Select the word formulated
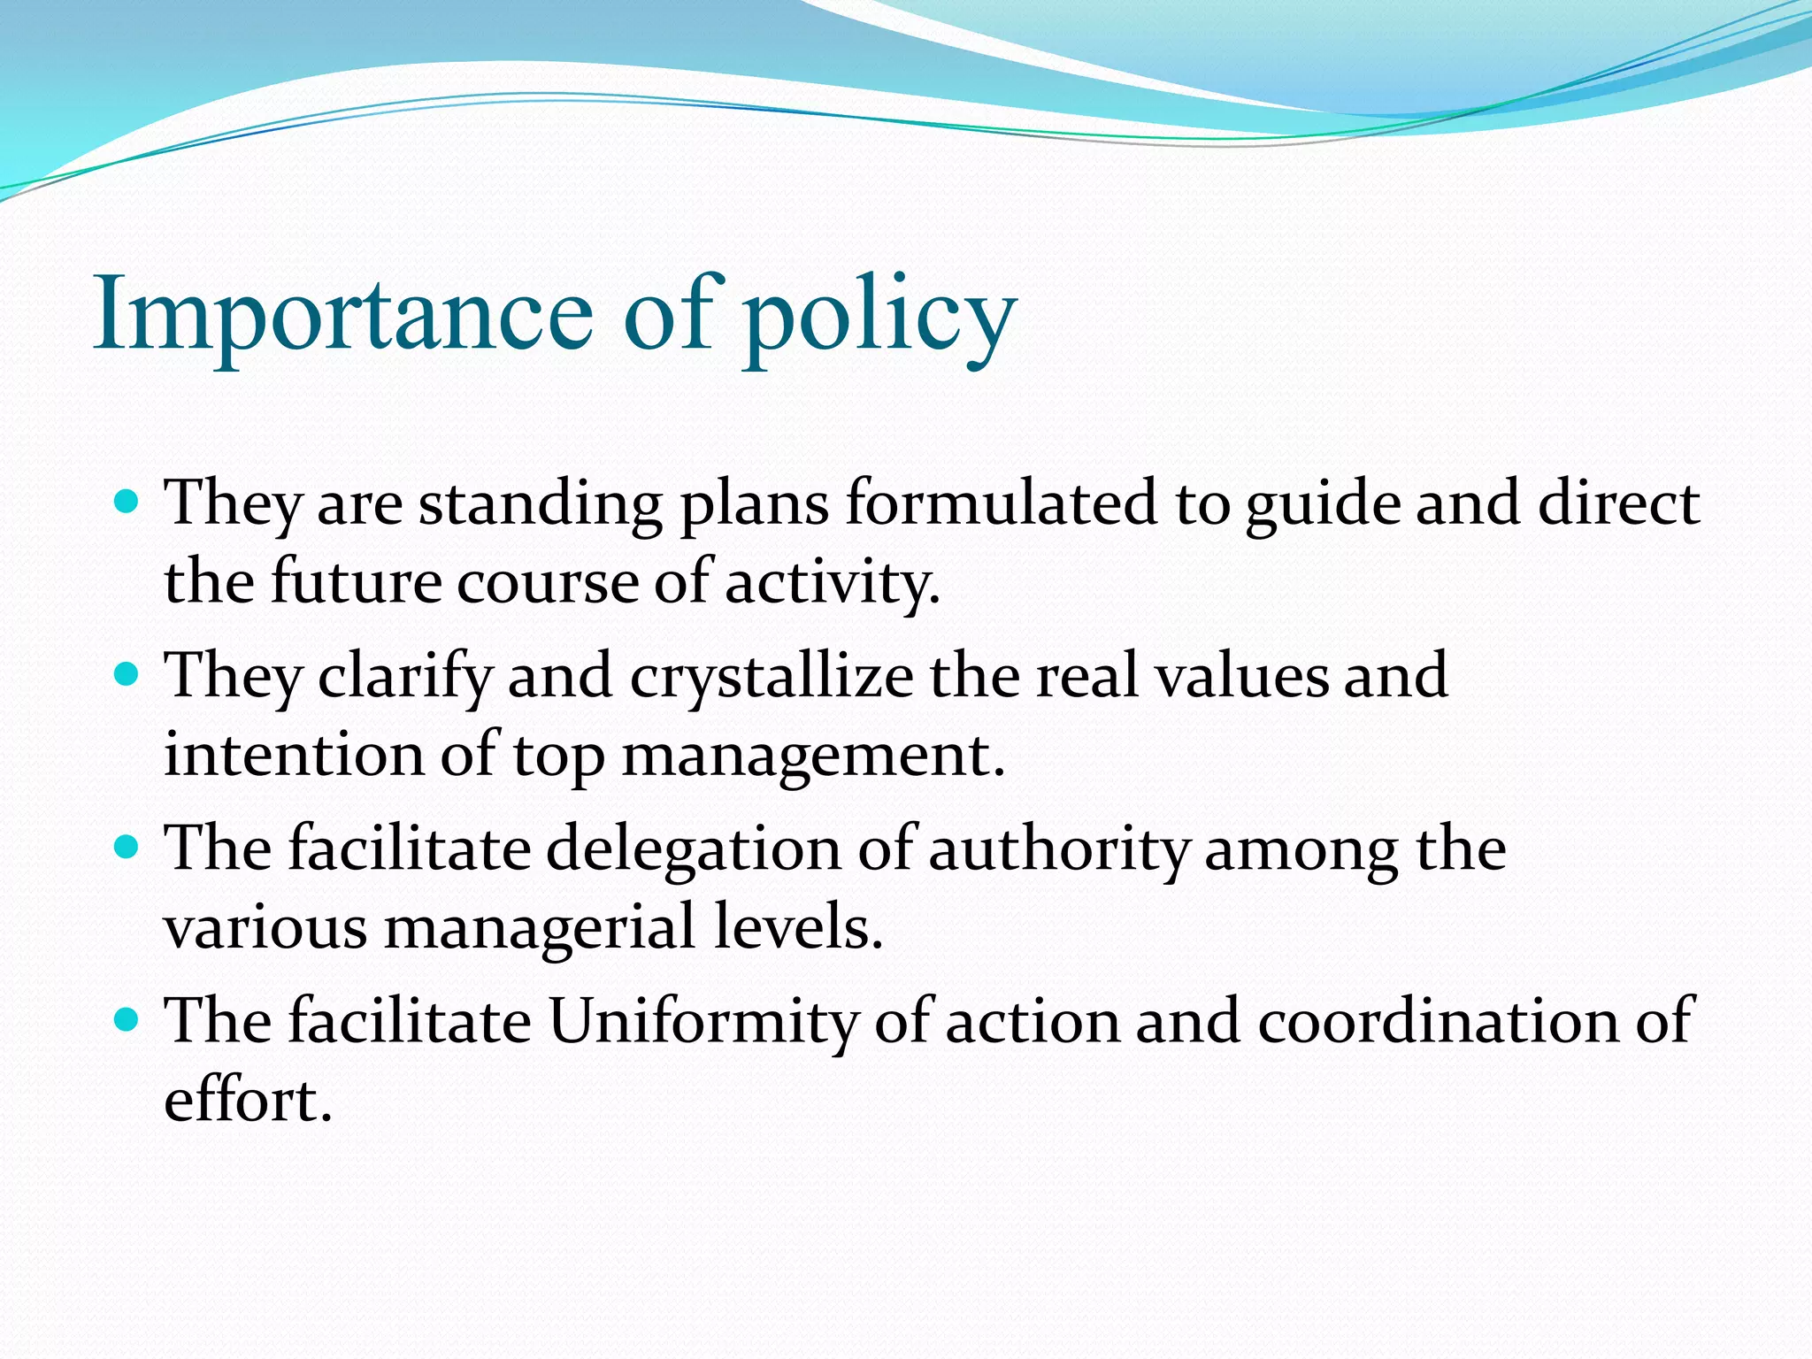click(x=1001, y=503)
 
